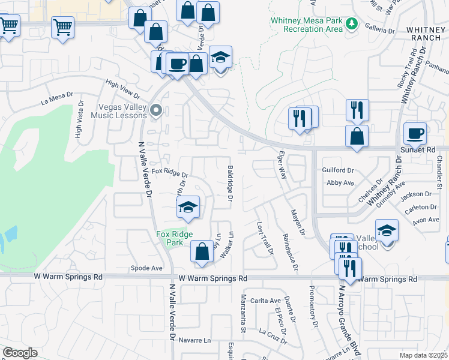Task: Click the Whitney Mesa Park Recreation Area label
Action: [306, 25]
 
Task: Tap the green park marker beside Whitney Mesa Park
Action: [352, 25]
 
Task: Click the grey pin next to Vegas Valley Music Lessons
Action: [157, 110]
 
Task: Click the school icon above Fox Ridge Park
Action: [188, 208]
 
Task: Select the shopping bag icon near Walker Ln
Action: [202, 252]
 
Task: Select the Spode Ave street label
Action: [147, 268]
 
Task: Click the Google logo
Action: [20, 353]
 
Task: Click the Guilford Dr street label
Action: [339, 170]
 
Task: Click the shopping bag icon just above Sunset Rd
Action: [357, 136]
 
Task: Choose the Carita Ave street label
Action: [266, 301]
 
